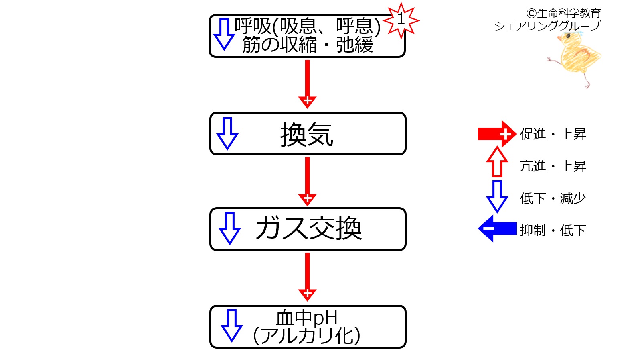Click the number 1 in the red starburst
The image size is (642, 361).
point(401,20)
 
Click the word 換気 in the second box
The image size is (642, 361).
point(307,134)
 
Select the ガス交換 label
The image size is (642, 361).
point(308,228)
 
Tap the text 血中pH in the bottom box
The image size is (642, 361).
point(307,318)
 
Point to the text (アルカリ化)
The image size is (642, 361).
point(307,336)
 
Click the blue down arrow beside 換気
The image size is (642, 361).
point(227,133)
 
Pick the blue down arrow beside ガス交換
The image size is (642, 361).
point(230,228)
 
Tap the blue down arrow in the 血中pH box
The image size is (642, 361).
point(232,325)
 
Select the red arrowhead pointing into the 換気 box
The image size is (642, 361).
point(307,102)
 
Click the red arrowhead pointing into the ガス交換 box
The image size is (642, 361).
point(307,199)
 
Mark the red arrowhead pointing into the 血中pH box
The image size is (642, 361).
point(307,294)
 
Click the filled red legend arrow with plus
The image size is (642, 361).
point(497,134)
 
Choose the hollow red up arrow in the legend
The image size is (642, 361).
point(497,162)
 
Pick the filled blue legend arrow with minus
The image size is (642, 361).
point(497,228)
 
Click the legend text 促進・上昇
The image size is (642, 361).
point(553,134)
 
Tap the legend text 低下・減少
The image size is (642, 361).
point(553,198)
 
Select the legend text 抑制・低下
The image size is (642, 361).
point(553,230)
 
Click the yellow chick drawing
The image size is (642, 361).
point(574,59)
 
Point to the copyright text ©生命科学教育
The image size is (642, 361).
point(563,13)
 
